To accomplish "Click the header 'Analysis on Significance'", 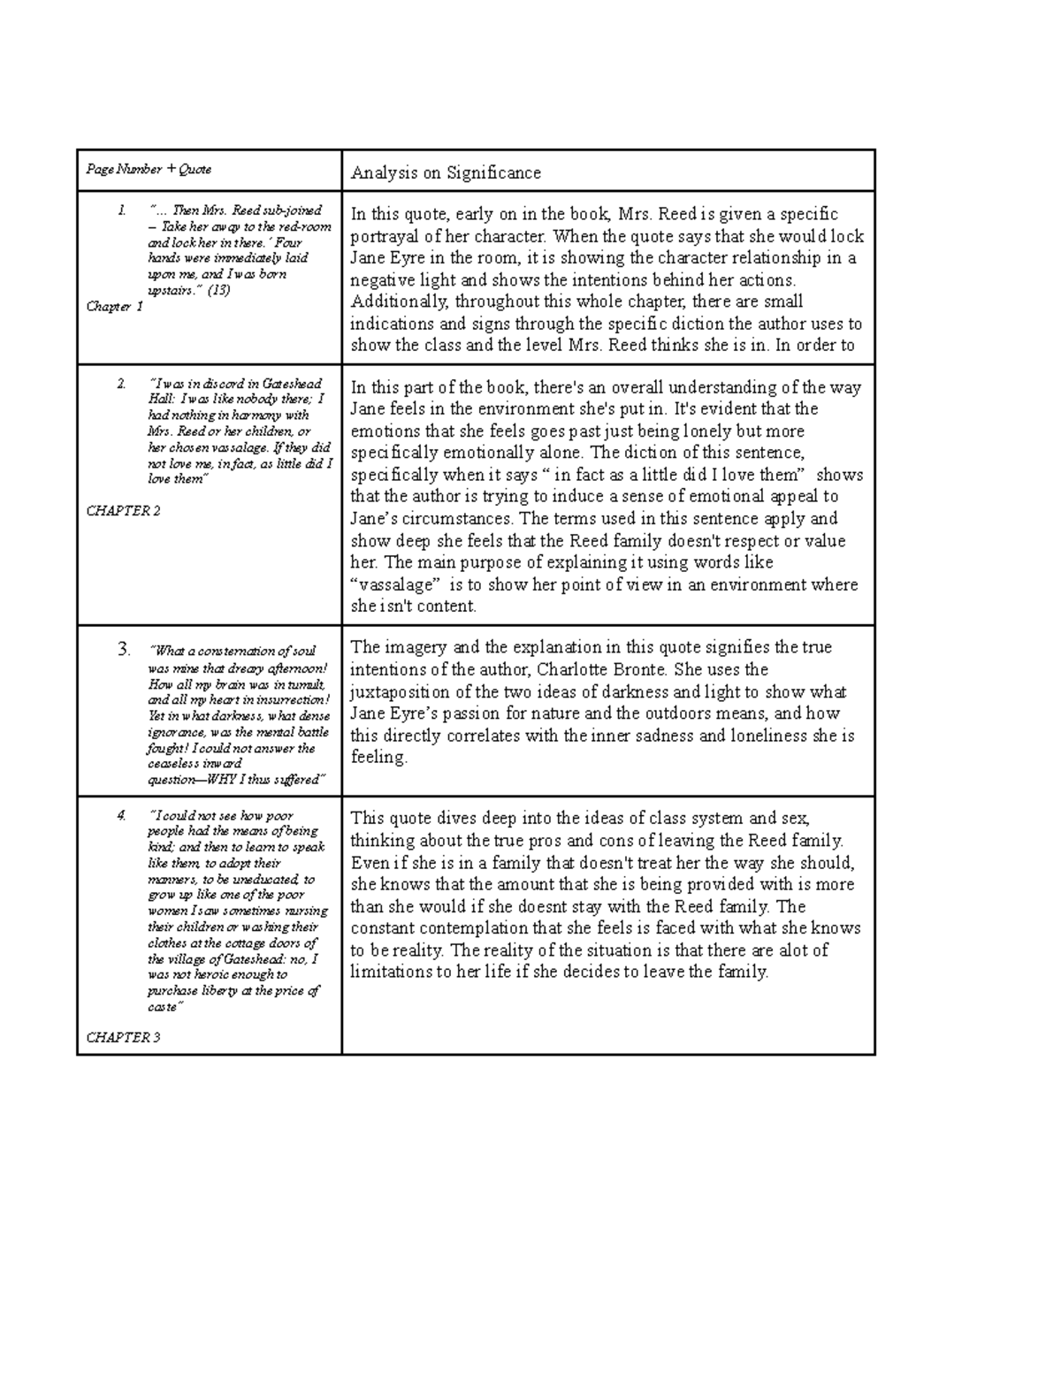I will coord(446,172).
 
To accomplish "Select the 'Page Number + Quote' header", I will coord(149,169).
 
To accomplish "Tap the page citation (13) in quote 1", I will coord(218,290).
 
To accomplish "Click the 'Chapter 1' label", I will coord(114,307).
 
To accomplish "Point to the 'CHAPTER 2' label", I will coord(123,511).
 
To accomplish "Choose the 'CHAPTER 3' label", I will coord(123,1037).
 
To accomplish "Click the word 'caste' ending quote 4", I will coord(163,1007).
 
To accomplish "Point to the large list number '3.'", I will coord(124,651).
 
